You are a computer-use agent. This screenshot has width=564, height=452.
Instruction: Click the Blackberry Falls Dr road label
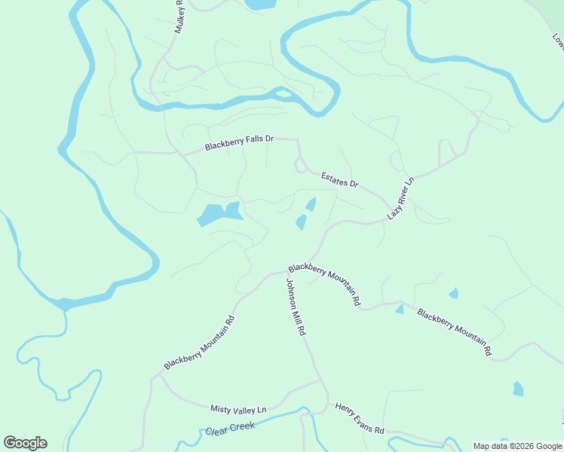(239, 142)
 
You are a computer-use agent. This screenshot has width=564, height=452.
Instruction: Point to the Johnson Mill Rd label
(295, 307)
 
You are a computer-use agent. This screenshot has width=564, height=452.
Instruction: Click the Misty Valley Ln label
(238, 409)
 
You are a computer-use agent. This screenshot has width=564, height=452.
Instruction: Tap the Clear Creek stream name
(230, 429)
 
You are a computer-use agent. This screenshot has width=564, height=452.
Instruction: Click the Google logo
(25, 442)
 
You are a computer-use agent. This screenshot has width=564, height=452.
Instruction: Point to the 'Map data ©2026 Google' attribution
(518, 446)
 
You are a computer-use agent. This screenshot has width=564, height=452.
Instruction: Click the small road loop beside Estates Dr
(299, 165)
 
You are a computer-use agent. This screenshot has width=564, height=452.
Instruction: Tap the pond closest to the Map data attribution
(518, 389)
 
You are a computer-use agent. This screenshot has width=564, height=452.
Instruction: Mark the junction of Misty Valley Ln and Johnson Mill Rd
(322, 380)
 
